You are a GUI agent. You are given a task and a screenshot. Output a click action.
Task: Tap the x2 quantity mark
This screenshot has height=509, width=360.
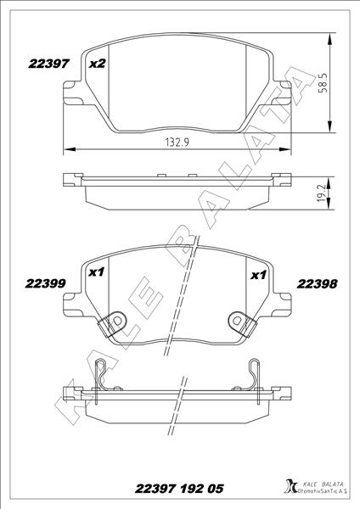click(x=97, y=64)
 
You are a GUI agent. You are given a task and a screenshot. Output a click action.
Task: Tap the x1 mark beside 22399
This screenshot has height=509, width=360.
click(x=96, y=273)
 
